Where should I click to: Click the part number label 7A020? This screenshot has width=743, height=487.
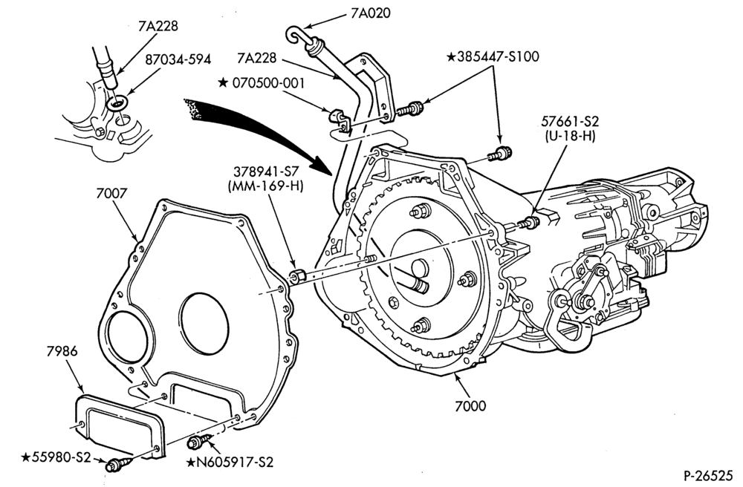[x=371, y=13]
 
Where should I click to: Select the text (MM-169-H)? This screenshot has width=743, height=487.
[x=265, y=186]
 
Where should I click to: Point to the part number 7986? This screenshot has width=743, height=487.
[x=62, y=351]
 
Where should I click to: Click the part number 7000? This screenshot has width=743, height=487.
[x=470, y=405]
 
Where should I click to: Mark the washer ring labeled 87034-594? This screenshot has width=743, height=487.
[x=117, y=102]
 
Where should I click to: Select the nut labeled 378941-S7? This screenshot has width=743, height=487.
[x=297, y=275]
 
